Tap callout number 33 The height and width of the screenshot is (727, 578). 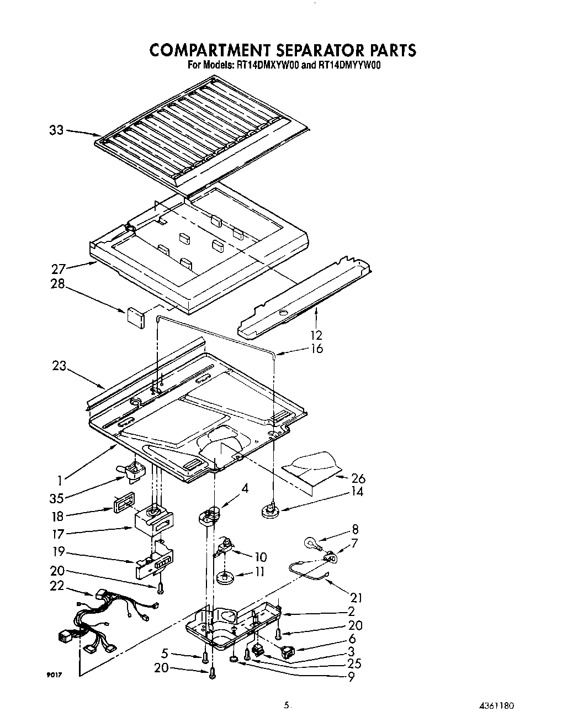coord(57,131)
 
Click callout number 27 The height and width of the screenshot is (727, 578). coord(58,269)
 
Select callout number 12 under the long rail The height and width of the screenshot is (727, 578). coord(316,335)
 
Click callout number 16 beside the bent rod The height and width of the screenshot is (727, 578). coord(317,349)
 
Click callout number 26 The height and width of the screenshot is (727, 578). coord(358,478)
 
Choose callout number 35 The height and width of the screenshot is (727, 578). coord(57,498)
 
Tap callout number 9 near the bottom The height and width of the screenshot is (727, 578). coord(352,676)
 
